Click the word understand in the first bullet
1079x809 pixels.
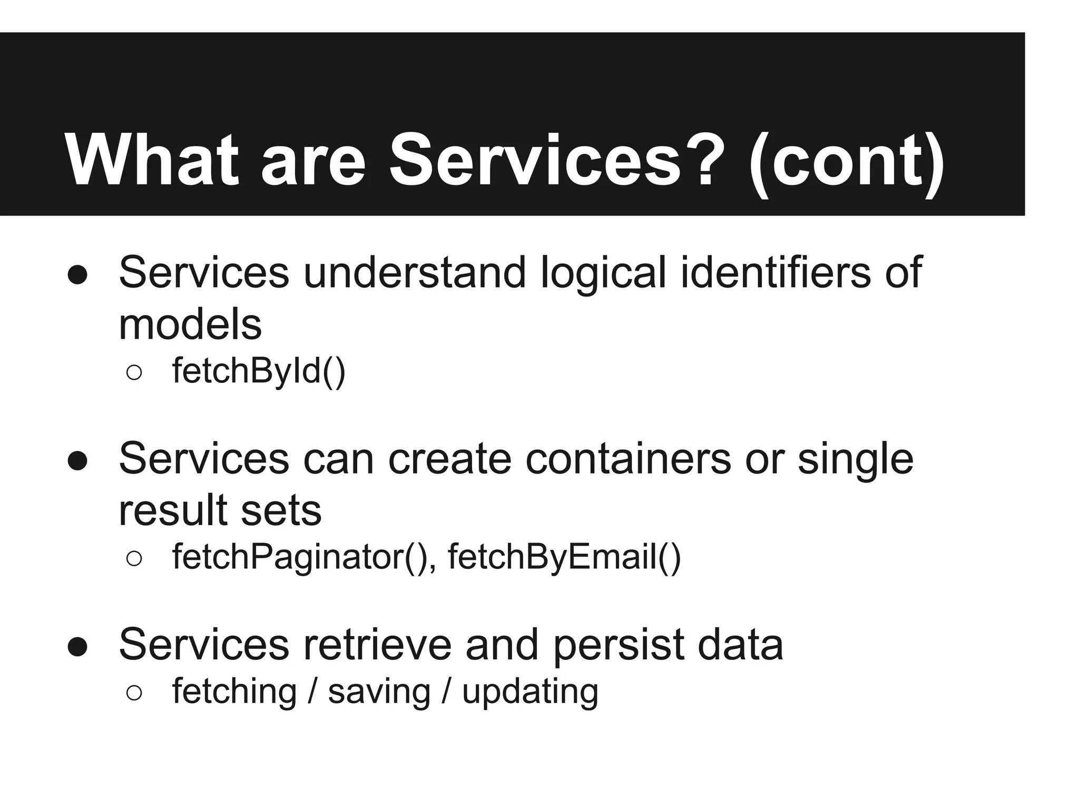tap(415, 272)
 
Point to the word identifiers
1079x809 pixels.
tap(776, 272)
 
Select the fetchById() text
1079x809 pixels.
tap(259, 371)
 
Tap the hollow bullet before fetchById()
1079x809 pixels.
tap(134, 373)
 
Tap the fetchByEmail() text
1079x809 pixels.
tap(564, 557)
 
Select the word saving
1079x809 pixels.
tap(379, 692)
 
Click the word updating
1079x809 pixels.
tap(530, 692)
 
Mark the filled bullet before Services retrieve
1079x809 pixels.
tap(77, 647)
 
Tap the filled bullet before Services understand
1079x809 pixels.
tap(77, 274)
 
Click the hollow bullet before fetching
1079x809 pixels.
tap(134, 694)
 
